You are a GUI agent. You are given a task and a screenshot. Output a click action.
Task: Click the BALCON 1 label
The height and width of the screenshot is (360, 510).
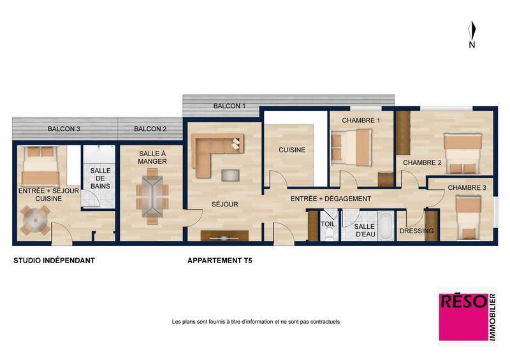coord(229,106)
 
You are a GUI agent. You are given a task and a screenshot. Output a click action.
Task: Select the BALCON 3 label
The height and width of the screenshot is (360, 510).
coord(64,129)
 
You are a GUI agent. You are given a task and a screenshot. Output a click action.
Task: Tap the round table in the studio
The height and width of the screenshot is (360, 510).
coord(34,220)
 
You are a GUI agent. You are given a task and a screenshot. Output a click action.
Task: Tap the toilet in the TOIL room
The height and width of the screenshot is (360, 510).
coord(328,234)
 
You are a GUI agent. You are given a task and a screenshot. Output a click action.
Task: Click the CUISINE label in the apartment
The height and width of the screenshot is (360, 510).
coord(291,150)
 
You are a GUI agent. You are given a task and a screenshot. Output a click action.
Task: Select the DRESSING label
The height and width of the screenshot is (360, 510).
coord(416,231)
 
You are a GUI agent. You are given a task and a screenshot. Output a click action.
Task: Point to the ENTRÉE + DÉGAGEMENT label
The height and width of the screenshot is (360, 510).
coord(330,199)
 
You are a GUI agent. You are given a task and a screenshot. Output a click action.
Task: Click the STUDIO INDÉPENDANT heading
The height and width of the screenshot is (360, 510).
coord(54,261)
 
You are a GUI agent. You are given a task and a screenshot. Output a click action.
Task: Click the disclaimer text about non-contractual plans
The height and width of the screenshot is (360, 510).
coord(256,322)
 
